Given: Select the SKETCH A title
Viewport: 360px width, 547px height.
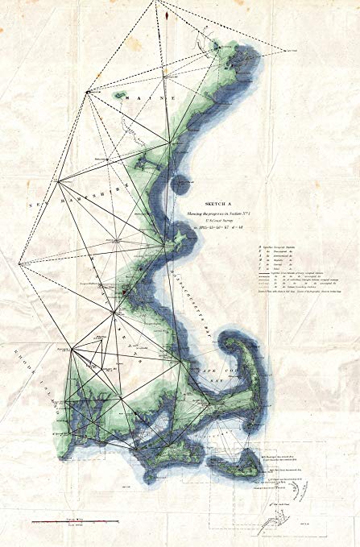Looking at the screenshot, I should [219, 205].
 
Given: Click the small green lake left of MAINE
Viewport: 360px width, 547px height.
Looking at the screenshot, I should [120, 94].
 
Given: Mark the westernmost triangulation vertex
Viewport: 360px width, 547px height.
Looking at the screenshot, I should [18, 263].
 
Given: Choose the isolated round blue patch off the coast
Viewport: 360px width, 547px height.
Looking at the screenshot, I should [179, 184].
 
